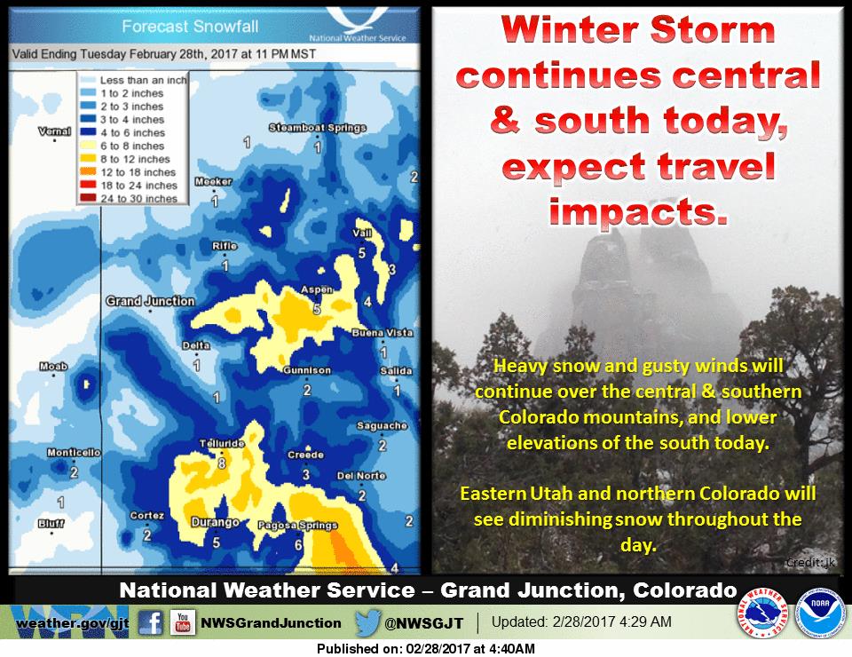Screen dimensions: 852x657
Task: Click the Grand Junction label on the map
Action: point(150,301)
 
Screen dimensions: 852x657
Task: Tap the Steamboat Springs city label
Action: point(318,128)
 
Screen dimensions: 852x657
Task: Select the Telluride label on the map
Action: point(222,443)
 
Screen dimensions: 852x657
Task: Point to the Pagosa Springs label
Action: point(298,526)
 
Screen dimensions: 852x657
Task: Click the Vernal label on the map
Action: point(54,131)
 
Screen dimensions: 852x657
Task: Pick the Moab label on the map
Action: point(53,367)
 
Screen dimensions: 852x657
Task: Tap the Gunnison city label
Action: point(307,370)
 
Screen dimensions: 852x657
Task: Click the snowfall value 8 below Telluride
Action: point(222,463)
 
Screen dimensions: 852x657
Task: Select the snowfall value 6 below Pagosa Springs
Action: point(298,545)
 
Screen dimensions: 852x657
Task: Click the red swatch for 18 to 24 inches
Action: point(88,186)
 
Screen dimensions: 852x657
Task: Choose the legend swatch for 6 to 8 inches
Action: point(88,146)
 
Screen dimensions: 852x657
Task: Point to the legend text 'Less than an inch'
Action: point(144,80)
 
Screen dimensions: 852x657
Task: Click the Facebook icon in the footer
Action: point(151,622)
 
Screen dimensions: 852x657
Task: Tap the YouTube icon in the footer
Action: point(183,622)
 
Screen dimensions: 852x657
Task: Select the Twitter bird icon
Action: point(367,622)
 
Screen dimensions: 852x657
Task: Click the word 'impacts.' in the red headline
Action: point(638,211)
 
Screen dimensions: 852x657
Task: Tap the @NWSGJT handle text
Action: point(424,623)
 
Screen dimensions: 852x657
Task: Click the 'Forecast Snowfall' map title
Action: point(190,26)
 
